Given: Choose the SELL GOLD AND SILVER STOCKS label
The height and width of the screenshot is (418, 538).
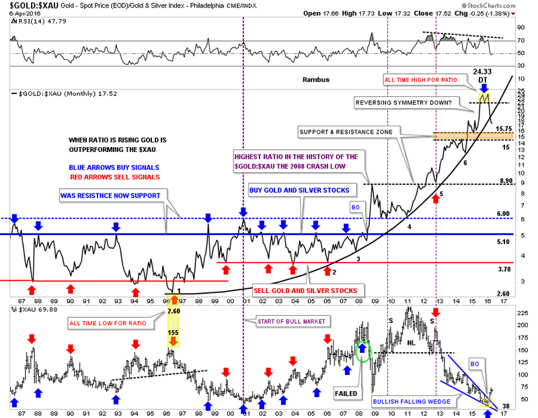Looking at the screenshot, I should (310, 290).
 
